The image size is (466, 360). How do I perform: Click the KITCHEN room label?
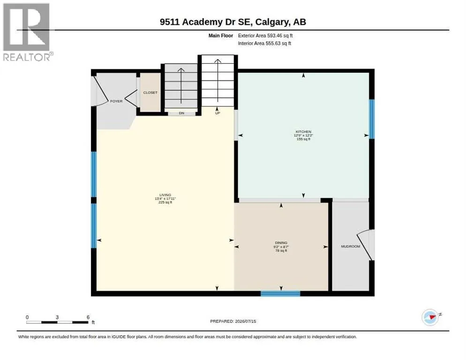click(x=303, y=132)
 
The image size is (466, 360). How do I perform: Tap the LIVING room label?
click(x=165, y=195)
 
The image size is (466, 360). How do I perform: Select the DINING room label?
click(x=281, y=243)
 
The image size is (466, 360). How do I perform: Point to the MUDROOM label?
click(x=350, y=247)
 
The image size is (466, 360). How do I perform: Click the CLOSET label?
click(x=150, y=93)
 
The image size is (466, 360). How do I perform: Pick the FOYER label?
click(x=116, y=101)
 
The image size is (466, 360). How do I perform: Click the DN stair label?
click(x=181, y=113)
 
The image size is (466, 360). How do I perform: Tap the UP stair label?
click(x=218, y=113)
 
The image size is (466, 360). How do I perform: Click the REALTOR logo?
click(x=28, y=32)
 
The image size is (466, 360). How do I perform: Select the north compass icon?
click(x=431, y=317)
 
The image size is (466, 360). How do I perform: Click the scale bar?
click(x=57, y=322)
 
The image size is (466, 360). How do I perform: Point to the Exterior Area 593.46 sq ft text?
click(x=265, y=36)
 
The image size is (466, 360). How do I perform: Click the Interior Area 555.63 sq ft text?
click(x=264, y=44)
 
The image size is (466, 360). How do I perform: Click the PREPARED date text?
click(x=233, y=322)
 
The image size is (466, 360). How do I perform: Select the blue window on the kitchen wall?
click(x=371, y=119)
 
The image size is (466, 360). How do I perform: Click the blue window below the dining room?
click(x=280, y=294)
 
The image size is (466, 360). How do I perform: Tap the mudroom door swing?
click(x=365, y=245)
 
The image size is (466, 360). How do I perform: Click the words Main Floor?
click(x=220, y=36)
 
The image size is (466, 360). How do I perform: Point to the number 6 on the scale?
click(x=88, y=317)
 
